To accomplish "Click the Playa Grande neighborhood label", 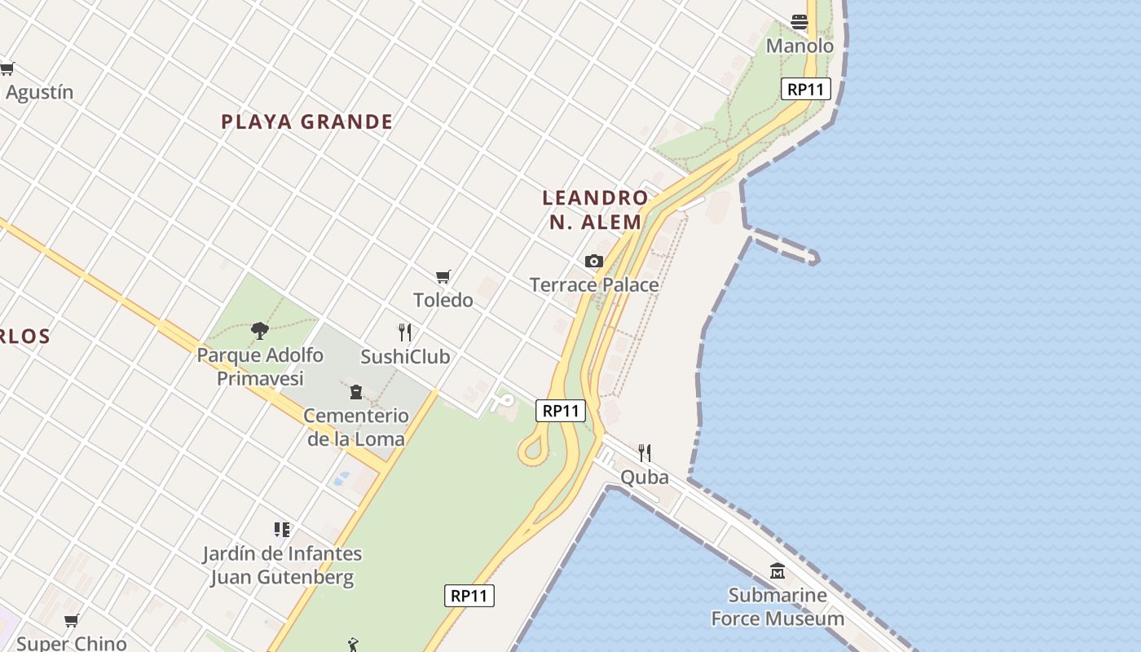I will pyautogui.click(x=306, y=122).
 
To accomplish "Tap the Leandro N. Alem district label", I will pyautogui.click(x=595, y=209).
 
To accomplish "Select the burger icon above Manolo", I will pyautogui.click(x=800, y=22).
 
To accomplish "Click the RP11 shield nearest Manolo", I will pyautogui.click(x=806, y=89).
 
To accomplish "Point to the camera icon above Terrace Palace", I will pyautogui.click(x=594, y=262).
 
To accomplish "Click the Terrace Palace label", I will pyautogui.click(x=594, y=284).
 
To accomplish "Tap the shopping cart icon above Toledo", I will pyautogui.click(x=443, y=277).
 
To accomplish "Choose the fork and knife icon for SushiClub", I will pyautogui.click(x=404, y=333).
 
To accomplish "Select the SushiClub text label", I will pyautogui.click(x=405, y=356).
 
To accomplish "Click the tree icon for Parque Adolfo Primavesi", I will pyautogui.click(x=260, y=330).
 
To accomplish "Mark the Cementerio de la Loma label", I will pyautogui.click(x=355, y=427).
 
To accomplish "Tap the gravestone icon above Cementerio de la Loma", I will pyautogui.click(x=356, y=392).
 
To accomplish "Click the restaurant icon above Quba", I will pyautogui.click(x=645, y=453).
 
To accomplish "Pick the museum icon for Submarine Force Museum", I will pyautogui.click(x=778, y=571).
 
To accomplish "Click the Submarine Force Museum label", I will pyautogui.click(x=778, y=606).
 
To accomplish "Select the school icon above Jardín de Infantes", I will pyautogui.click(x=282, y=531).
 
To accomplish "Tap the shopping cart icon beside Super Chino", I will pyautogui.click(x=72, y=621).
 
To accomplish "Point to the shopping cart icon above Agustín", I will pyautogui.click(x=7, y=69).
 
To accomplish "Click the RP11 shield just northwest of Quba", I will pyautogui.click(x=562, y=411).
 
